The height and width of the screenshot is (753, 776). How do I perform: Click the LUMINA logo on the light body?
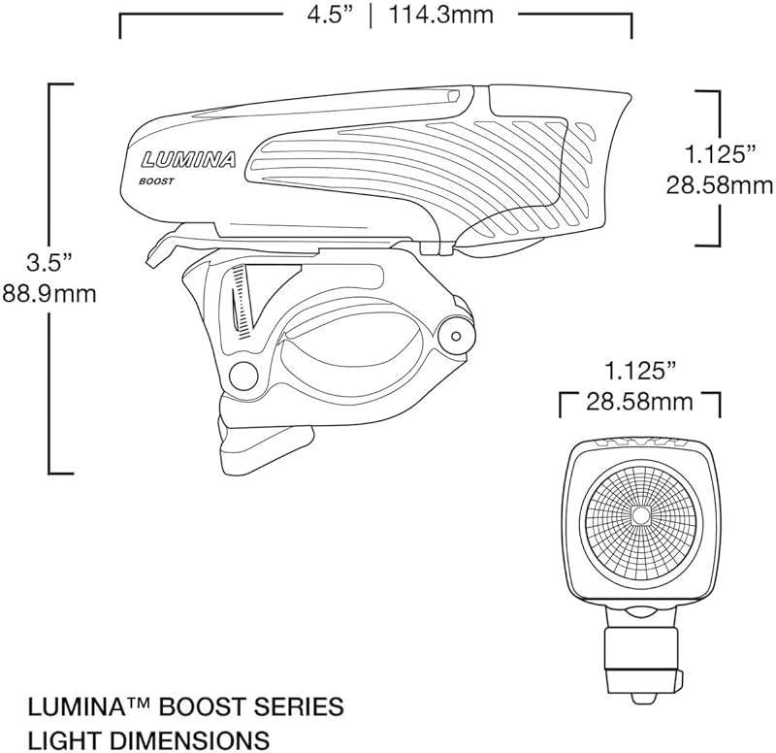pyautogui.click(x=188, y=159)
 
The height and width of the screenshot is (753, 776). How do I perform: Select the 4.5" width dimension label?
pyautogui.click(x=327, y=16)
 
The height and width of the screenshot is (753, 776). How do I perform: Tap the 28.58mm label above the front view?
pyautogui.click(x=642, y=402)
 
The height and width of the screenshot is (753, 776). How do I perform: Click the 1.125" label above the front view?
pyautogui.click(x=639, y=370)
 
